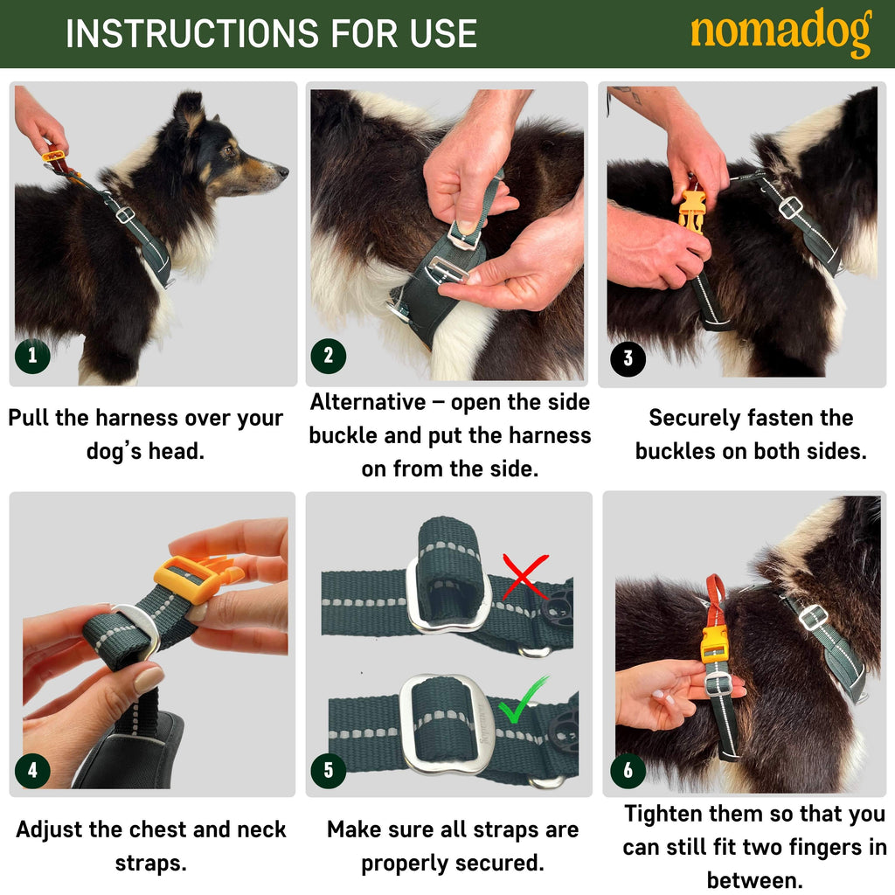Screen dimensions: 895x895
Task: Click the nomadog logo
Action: coord(781,32)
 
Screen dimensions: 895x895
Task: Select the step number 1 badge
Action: coord(32,357)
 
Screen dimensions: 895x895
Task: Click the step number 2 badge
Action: coord(329,357)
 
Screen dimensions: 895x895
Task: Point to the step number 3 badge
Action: coord(628,358)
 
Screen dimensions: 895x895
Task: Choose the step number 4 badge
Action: coord(32,771)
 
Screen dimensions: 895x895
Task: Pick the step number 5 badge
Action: coord(329,771)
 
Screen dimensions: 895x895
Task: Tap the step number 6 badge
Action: coord(628,771)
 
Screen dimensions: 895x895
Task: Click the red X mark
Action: coord(524,576)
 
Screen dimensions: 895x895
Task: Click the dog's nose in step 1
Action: coord(282,170)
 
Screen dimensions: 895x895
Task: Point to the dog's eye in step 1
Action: coord(229,150)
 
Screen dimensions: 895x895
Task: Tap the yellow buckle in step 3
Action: coord(692,212)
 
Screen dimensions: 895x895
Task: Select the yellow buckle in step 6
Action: coord(714,644)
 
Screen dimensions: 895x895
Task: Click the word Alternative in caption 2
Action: coord(368,402)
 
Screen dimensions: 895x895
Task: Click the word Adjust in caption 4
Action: coord(50,830)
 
